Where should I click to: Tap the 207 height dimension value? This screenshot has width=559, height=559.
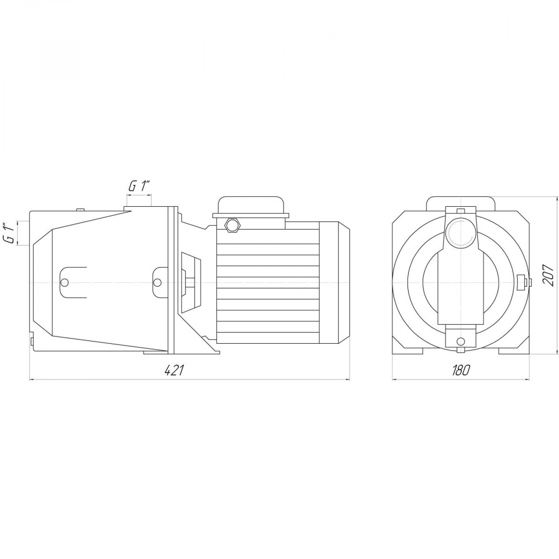(548, 274)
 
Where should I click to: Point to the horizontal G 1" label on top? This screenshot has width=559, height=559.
(140, 186)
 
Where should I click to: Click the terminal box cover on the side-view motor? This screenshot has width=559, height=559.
(252, 207)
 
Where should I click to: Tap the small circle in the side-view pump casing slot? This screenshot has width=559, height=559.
(64, 282)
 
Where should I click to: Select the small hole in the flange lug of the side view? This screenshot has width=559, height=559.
(157, 282)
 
